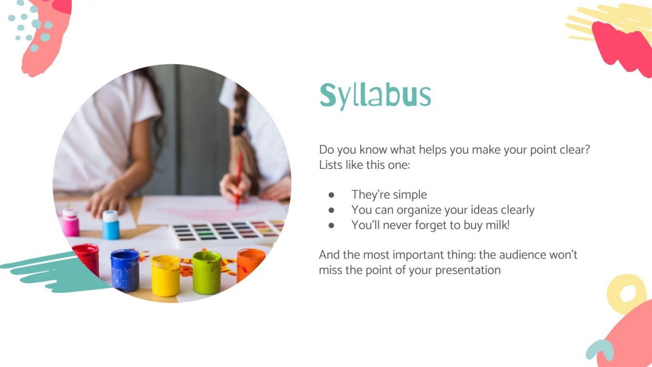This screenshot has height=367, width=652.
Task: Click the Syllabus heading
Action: coord(375,96)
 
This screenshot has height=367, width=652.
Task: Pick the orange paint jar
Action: coord(251,265)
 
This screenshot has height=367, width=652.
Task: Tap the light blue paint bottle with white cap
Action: coord(111,225)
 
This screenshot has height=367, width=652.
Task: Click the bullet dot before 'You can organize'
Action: coord(331,210)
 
